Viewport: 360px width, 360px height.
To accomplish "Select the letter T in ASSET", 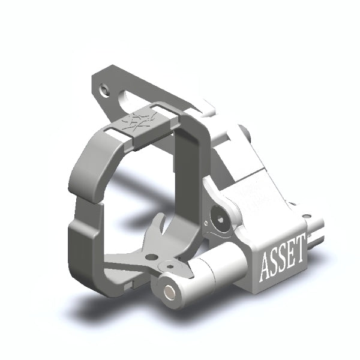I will point(298,254).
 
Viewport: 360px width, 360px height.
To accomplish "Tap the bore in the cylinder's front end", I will point(170,290).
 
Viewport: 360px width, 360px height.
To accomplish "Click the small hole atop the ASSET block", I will point(307,216).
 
